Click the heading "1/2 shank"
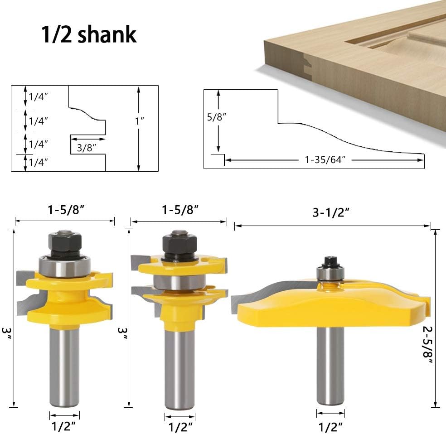point(89,34)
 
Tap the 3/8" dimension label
point(87,148)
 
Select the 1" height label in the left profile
point(140,121)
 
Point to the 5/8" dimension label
point(217,117)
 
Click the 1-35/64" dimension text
point(325,160)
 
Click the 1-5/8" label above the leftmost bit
point(66,210)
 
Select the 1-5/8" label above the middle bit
point(180,210)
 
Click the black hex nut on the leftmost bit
point(65,242)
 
